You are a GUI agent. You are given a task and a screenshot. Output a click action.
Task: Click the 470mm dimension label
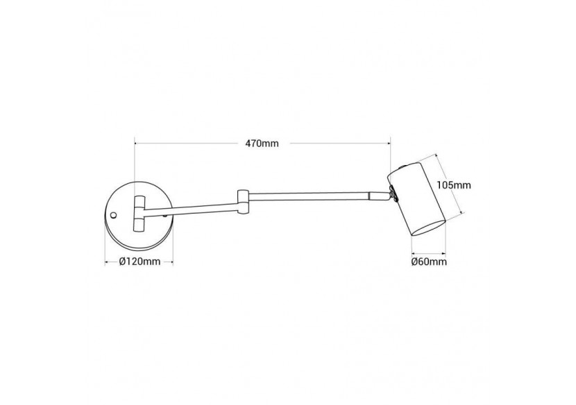pos(262,144)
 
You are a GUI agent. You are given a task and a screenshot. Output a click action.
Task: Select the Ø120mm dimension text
pos(139,261)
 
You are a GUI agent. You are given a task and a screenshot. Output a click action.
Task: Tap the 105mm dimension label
pos(455,185)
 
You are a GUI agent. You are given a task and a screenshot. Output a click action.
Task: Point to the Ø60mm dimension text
pos(427,261)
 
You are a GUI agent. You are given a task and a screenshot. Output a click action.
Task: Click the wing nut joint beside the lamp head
pos(393,193)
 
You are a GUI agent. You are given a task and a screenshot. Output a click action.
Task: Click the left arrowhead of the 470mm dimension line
pos(135,144)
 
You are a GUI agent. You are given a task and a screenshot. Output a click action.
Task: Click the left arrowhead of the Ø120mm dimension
pos(107,261)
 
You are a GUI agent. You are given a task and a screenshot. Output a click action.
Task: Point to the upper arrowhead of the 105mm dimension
pos(437,155)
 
